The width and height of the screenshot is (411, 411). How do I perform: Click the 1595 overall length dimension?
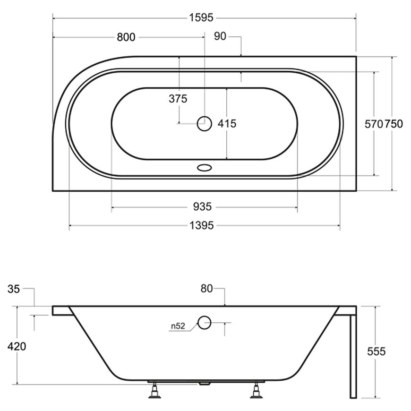201,18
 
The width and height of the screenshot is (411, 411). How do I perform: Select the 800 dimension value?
126,37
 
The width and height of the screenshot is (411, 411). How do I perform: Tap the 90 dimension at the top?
220,36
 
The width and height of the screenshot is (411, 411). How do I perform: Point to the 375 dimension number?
178,99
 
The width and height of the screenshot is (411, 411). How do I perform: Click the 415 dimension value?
227,123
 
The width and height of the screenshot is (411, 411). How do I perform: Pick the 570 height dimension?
374,124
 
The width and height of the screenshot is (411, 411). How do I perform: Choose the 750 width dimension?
394,124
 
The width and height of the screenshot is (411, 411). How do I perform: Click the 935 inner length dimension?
202,207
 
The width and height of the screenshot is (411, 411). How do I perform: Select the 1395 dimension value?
202,225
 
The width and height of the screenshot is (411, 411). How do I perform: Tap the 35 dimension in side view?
14,289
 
